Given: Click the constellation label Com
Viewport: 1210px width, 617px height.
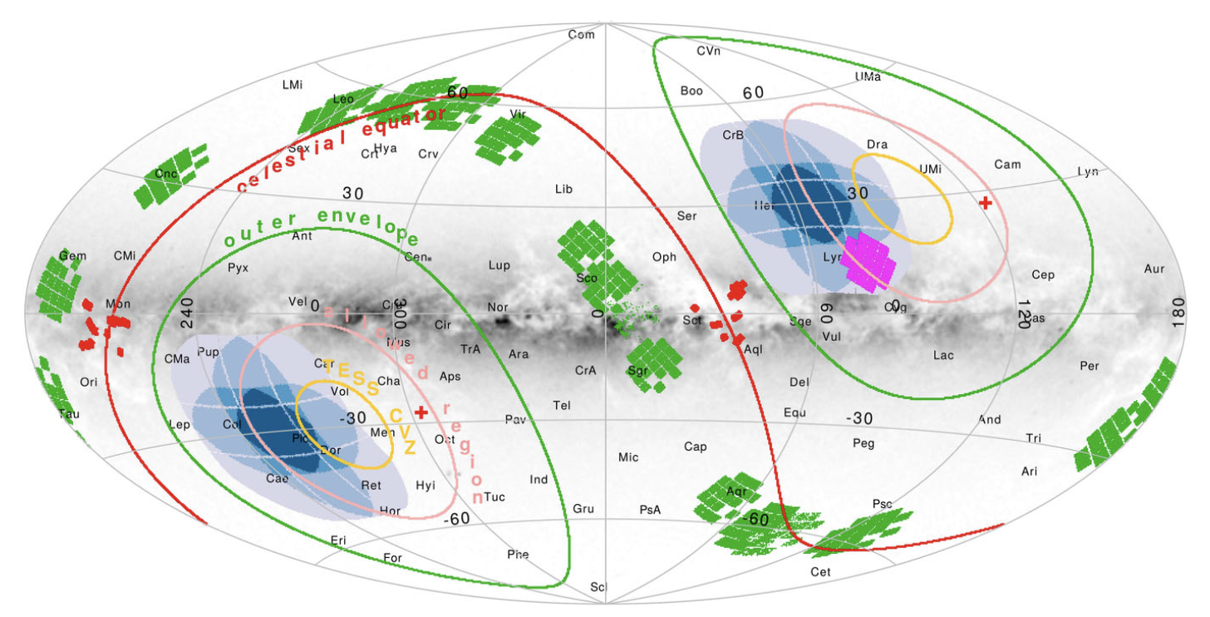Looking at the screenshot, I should [582, 34].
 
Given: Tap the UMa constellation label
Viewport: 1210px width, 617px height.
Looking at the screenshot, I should [868, 76].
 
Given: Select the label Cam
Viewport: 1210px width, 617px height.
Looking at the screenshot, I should [1007, 164].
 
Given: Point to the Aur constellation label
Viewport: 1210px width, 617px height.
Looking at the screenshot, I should [1154, 269].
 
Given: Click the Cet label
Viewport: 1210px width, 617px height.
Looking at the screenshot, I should [820, 572].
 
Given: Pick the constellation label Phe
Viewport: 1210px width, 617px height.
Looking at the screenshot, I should [517, 555].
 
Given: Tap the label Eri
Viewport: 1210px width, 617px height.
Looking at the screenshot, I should [338, 540].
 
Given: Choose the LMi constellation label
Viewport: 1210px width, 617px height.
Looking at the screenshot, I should [293, 85].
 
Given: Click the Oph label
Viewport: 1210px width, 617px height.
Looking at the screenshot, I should [664, 257].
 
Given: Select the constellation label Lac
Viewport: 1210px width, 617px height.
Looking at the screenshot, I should [943, 355].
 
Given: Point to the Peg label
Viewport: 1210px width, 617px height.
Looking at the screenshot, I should [863, 443].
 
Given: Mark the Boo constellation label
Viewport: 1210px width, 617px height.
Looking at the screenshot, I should [691, 91].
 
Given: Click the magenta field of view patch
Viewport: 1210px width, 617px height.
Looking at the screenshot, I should [868, 262].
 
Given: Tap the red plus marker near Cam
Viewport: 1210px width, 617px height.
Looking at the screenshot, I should [986, 202].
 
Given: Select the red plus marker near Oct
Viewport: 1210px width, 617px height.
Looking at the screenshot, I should [421, 412].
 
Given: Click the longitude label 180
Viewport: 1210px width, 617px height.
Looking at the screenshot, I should [1178, 315].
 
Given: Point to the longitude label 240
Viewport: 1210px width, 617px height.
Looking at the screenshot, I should [187, 315].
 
